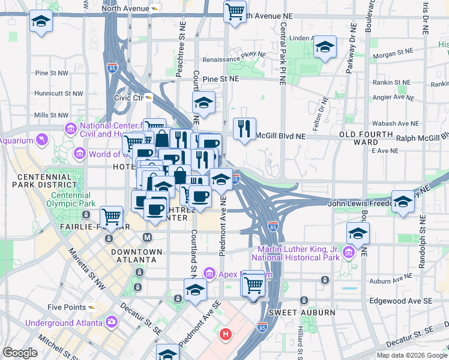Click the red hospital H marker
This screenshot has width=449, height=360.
coord(226,334)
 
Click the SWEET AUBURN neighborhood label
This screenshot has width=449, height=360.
coord(293,313)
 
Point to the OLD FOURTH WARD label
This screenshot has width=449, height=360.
coord(366,138)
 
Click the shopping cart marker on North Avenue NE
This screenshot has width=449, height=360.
coord(235,11)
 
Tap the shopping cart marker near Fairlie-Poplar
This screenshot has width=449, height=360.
coord(111,217)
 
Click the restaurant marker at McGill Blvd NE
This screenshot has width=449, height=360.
coord(244,129)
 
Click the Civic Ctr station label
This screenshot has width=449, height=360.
coord(129,97)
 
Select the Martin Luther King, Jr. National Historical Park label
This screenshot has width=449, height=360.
coord(303,254)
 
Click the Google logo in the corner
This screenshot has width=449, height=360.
coord(20,353)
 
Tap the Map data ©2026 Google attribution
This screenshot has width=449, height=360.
coord(412,355)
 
